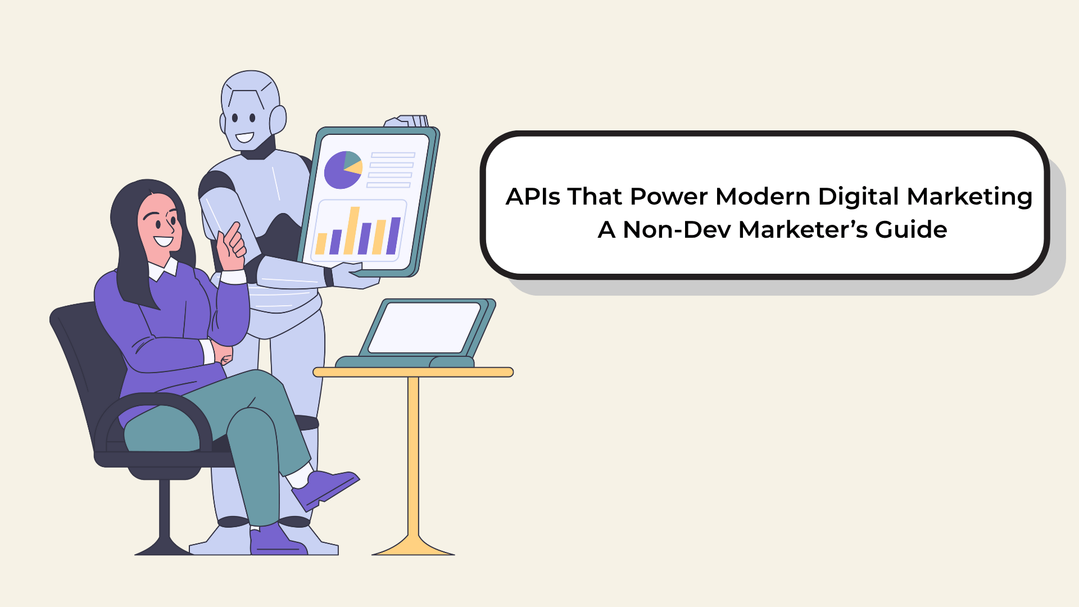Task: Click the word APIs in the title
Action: (x=533, y=197)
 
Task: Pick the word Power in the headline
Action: (x=669, y=197)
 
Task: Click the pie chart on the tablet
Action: (x=343, y=170)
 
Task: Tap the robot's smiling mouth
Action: (x=244, y=137)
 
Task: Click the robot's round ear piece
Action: (x=278, y=120)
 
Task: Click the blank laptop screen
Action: (x=424, y=328)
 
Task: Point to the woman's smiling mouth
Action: (x=163, y=241)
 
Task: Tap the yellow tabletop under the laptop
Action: (x=413, y=372)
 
